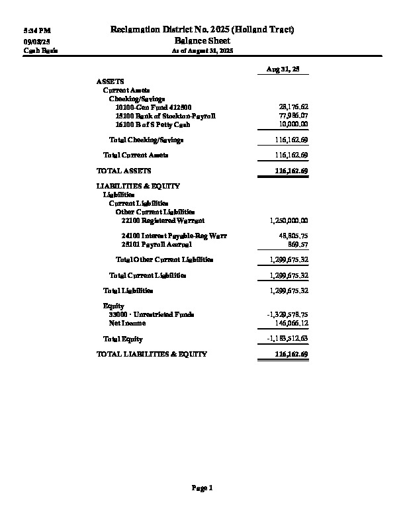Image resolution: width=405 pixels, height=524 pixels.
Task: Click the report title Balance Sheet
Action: pos(202,41)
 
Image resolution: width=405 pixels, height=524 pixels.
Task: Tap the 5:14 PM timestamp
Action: pos(37,31)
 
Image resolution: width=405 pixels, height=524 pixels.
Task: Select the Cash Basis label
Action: pos(36,50)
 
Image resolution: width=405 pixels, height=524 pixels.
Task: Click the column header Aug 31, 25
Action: pos(283,69)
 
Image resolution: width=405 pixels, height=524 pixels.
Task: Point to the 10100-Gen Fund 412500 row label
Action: pos(153,107)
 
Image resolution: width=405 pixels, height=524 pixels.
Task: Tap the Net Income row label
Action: pos(127,323)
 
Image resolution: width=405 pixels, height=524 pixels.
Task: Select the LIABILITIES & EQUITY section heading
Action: pos(138,187)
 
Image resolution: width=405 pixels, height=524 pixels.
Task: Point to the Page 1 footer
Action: pos(202,488)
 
